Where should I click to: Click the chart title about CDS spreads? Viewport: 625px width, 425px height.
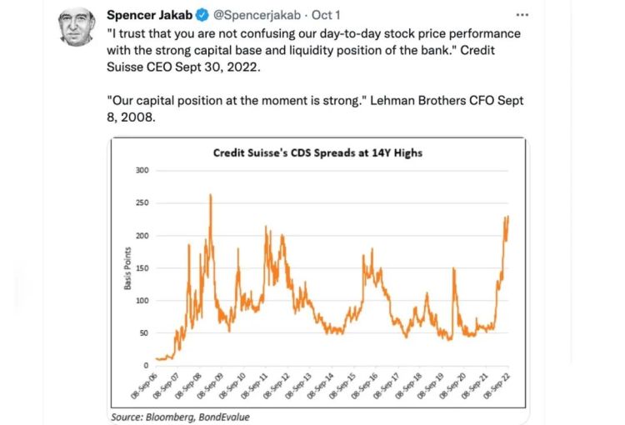(317, 152)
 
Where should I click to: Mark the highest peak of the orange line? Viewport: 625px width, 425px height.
(210, 195)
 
